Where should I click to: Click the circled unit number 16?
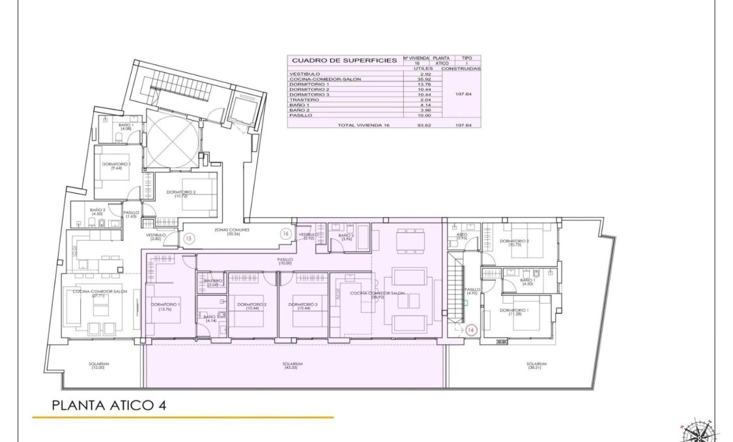(x=285, y=233)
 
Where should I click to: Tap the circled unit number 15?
(x=189, y=239)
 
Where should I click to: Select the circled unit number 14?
(x=471, y=331)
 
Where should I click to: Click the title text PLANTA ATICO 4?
(x=109, y=405)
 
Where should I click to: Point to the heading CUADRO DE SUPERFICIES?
(x=343, y=60)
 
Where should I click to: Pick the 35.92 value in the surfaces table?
(x=409, y=80)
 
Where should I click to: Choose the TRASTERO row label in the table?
(x=302, y=100)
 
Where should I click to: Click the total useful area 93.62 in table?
(x=409, y=125)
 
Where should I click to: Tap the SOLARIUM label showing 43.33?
(x=294, y=366)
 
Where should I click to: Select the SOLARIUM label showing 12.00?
(x=99, y=366)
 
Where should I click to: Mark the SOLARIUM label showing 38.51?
(x=537, y=366)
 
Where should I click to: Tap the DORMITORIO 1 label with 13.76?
(x=165, y=307)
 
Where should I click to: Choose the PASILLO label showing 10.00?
(x=285, y=261)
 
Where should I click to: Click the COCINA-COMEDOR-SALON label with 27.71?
(x=100, y=294)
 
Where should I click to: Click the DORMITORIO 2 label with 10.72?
(x=180, y=194)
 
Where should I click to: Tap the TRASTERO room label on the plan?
(x=213, y=282)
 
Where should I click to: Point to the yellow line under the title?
(x=182, y=417)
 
